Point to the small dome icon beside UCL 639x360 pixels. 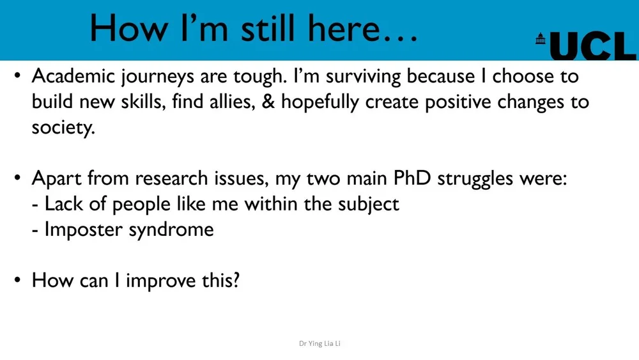(x=541, y=38)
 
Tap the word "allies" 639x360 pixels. (x=229, y=102)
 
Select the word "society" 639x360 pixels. (x=62, y=128)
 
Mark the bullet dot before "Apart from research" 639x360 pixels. (x=19, y=178)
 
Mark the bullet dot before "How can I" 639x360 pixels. (x=19, y=281)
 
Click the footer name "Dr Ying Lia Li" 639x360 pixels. (x=319, y=344)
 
